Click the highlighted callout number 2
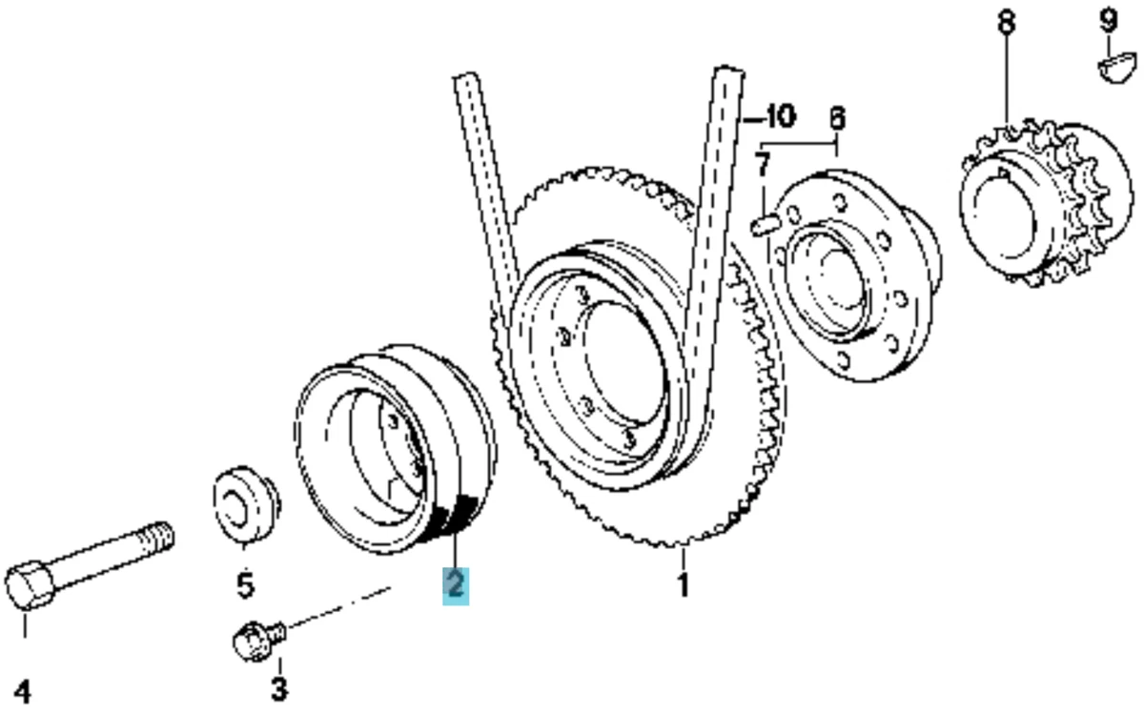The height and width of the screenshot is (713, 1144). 456,585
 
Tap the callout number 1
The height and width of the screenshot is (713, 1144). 684,585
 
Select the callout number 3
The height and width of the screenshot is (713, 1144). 279,688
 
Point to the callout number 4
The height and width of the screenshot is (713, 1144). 23,692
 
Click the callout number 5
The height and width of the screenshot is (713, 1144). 246,585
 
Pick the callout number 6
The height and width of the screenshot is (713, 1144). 837,118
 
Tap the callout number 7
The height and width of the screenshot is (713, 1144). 762,165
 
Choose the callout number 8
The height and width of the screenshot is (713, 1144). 1006,23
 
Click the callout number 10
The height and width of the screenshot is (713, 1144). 780,117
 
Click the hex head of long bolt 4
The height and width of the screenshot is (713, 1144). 30,585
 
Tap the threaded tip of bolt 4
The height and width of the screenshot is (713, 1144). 161,537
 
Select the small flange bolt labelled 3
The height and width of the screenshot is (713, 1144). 259,641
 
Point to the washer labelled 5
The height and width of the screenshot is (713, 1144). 246,503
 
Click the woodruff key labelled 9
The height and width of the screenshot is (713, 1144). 1118,68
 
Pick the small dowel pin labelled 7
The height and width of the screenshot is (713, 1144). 766,225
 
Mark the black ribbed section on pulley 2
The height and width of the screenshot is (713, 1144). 455,517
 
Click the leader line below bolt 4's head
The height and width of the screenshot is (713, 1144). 25,625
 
